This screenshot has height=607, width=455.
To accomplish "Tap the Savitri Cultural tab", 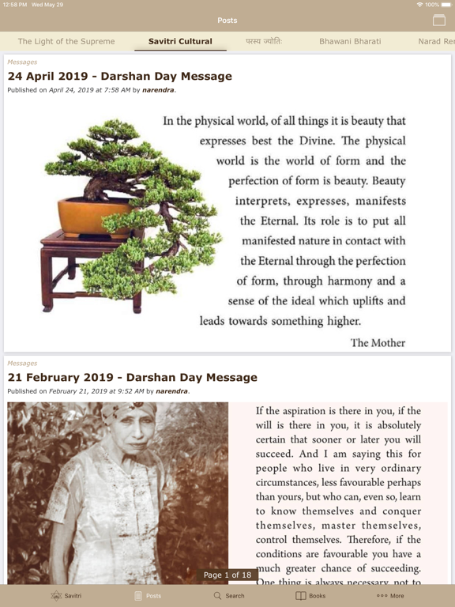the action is (x=180, y=41).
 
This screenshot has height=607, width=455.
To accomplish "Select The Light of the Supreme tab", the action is (x=66, y=41).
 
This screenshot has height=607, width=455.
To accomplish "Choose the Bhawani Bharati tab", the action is (x=350, y=41).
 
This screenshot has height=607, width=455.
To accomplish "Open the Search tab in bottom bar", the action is (x=228, y=595).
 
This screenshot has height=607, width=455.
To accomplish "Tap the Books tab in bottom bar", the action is (x=310, y=595).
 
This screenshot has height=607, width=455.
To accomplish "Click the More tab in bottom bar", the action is (x=390, y=595).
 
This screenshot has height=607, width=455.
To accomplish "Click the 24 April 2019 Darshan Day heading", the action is (x=119, y=77).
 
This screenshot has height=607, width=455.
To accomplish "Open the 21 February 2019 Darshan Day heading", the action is (x=132, y=378).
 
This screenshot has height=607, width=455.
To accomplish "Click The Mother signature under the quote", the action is (x=378, y=343).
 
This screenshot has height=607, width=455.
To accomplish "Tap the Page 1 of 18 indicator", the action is (x=227, y=575).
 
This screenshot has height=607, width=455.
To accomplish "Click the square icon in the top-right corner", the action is (x=439, y=21).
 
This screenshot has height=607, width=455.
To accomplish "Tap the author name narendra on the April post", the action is (x=158, y=90).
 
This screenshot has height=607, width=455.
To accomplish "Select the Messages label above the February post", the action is (x=22, y=364).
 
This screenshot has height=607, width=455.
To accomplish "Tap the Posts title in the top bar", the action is (x=227, y=21).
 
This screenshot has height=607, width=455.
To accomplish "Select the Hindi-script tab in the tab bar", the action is (x=263, y=41).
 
